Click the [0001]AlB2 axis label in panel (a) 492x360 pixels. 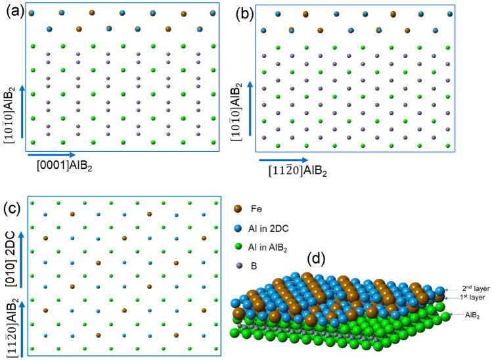coord(64,168)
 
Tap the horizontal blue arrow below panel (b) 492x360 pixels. coord(283,160)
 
